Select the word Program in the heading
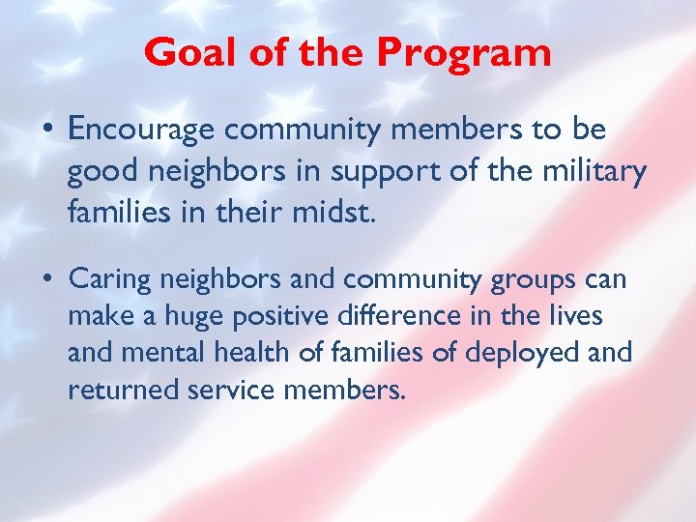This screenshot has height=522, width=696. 464,53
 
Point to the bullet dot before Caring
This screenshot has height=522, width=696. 47,280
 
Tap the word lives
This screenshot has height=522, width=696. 575,317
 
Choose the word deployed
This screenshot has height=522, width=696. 522,354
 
